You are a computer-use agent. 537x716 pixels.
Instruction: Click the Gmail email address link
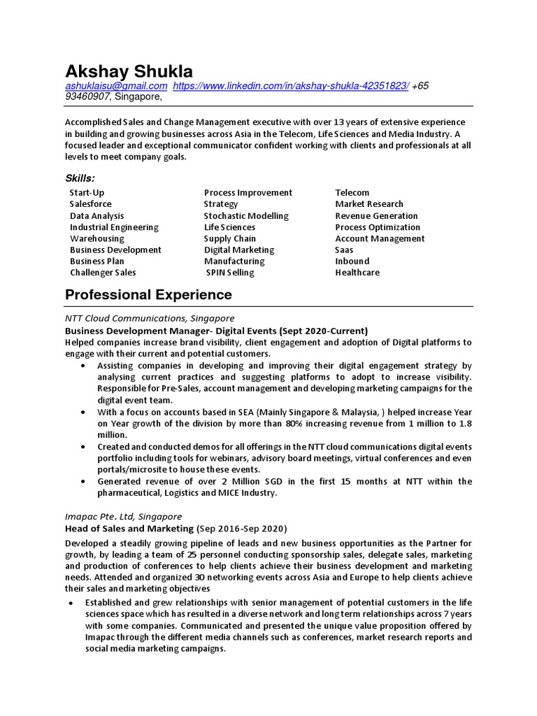pos(116,85)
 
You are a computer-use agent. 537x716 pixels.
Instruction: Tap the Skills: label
pos(80,178)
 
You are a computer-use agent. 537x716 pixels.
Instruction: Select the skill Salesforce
pos(90,204)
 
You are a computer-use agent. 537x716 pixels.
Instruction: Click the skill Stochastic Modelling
pos(246,216)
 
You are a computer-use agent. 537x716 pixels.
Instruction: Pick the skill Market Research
pos(369,204)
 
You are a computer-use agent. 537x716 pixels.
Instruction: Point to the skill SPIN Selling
pos(230,273)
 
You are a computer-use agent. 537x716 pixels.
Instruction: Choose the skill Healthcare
pos(357,273)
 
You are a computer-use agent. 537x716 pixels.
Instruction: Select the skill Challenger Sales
pos(103,273)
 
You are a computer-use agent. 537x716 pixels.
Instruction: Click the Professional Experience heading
pos(148,294)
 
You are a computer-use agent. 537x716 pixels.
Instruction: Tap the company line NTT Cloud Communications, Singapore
pos(150,318)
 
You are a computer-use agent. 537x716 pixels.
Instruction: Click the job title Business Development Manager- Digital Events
pos(171,331)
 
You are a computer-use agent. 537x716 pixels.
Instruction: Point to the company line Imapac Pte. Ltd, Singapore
pos(123,515)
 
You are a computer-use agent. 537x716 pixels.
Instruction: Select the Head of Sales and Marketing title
pos(129,528)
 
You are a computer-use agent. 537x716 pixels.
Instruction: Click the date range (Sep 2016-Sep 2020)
pos(241,528)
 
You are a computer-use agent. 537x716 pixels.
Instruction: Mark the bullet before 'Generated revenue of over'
pos(84,482)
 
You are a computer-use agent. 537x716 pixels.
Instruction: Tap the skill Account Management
pos(380,238)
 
